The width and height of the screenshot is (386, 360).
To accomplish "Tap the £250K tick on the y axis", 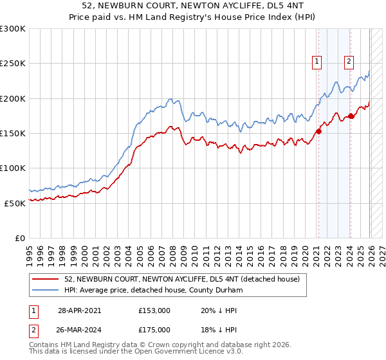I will (13, 64).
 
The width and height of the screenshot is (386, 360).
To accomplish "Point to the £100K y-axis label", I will (13, 168).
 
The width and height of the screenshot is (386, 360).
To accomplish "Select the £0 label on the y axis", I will (19, 237).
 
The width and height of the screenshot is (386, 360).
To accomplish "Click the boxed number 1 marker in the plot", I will (317, 62).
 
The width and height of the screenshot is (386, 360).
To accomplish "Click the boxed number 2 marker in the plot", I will (349, 62).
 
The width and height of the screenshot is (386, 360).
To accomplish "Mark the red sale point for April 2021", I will (318, 132).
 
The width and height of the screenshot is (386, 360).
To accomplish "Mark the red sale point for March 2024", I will (351, 116).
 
